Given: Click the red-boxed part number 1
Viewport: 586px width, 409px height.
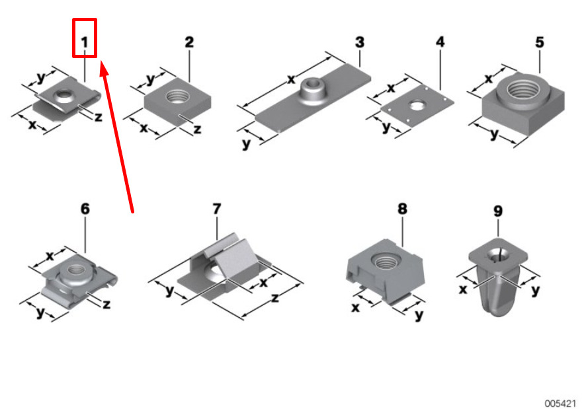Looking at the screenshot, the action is coord(85,42).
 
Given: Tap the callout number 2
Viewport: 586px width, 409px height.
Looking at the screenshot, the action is coord(189,42).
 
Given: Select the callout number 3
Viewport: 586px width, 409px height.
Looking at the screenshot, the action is coord(360,42).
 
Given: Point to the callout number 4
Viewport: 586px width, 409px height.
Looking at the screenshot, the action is coord(440,42).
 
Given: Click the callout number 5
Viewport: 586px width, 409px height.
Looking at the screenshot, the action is coord(539,42).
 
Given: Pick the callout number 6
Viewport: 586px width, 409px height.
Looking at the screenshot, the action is coord(85,208).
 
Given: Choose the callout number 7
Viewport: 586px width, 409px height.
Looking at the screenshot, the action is coord(217,208).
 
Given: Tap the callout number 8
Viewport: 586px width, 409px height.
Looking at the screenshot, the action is coord(402,208).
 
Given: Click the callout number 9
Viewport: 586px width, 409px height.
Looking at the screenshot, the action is coord(498,211).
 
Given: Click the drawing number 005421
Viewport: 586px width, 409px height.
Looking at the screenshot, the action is coord(560,404).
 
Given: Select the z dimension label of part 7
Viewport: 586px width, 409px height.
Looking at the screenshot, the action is coord(275,298).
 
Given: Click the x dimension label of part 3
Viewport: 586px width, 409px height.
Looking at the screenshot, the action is coord(291,79).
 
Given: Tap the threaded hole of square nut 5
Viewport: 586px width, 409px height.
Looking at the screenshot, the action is coord(523,89).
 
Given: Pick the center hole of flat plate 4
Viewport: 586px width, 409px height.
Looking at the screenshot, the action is coord(417,105).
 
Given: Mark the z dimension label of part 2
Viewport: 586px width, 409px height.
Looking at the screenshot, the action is coord(198,130).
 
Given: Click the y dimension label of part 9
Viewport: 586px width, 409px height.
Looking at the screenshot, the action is coord(536,290).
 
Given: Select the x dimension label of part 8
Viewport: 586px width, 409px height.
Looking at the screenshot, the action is coord(355,307).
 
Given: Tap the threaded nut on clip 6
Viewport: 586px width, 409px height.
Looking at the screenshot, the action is coord(76,271).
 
